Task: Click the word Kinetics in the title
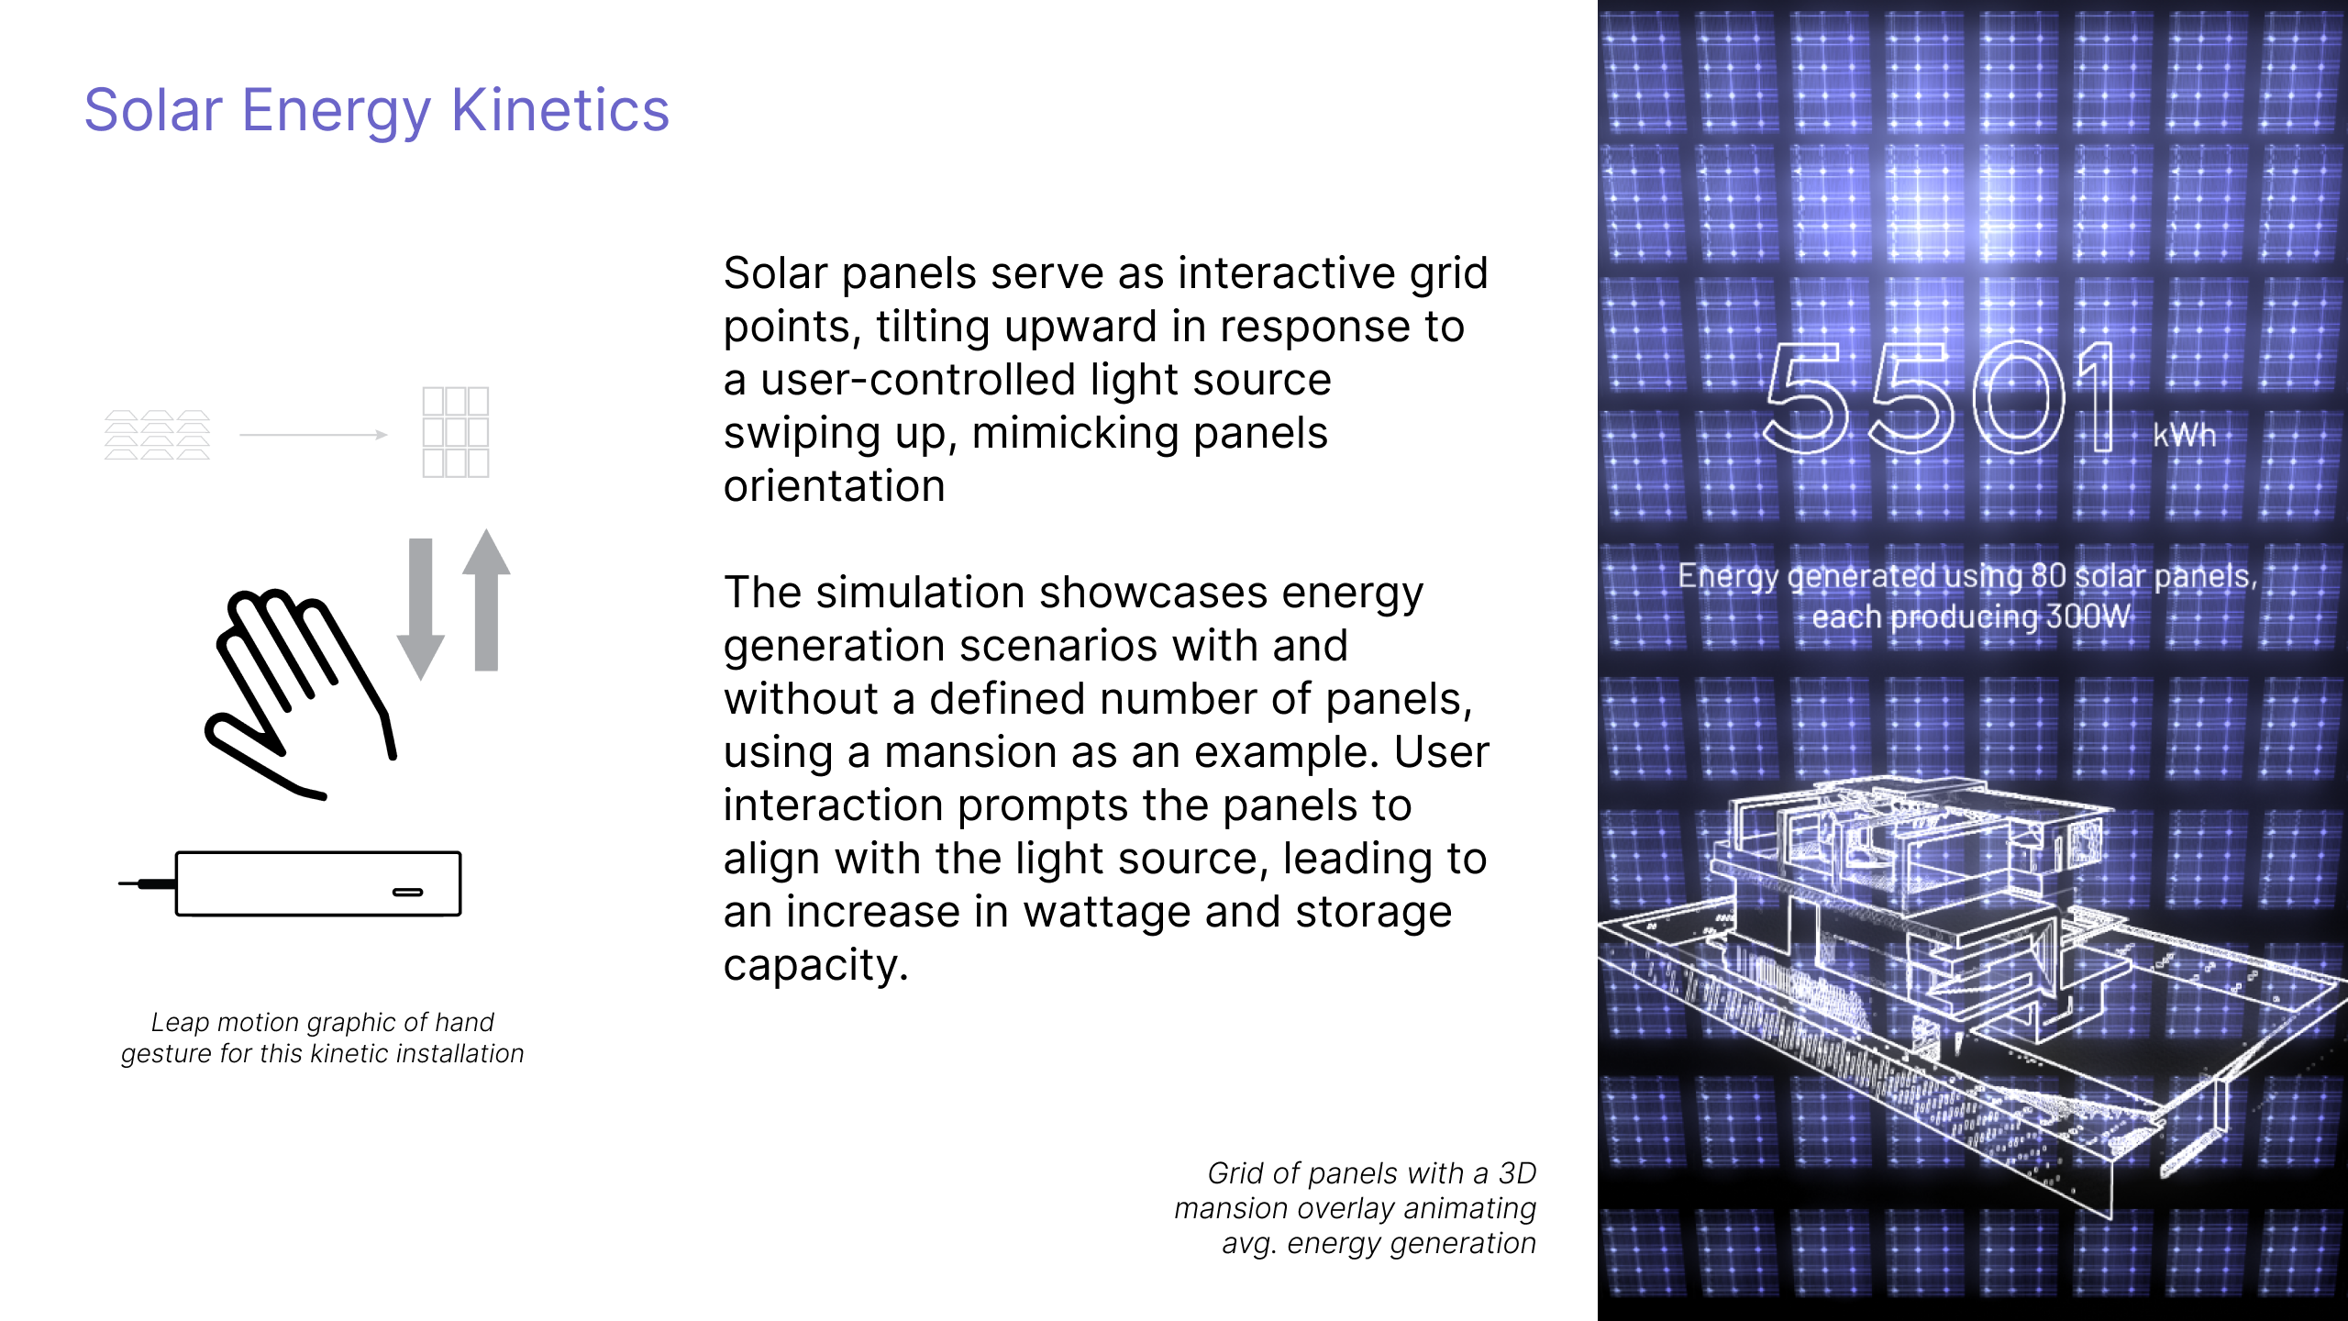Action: (560, 110)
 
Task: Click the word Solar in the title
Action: (153, 110)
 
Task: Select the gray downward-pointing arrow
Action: (420, 608)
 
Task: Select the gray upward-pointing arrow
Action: (486, 599)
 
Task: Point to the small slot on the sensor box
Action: (408, 892)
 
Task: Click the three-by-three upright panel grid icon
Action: (456, 432)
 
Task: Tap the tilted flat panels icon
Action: (157, 435)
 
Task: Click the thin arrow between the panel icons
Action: (314, 435)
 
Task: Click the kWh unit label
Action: (2185, 435)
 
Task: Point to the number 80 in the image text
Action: (2048, 576)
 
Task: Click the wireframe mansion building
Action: (1972, 991)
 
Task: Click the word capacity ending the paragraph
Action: (815, 965)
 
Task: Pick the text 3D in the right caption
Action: (1517, 1173)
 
